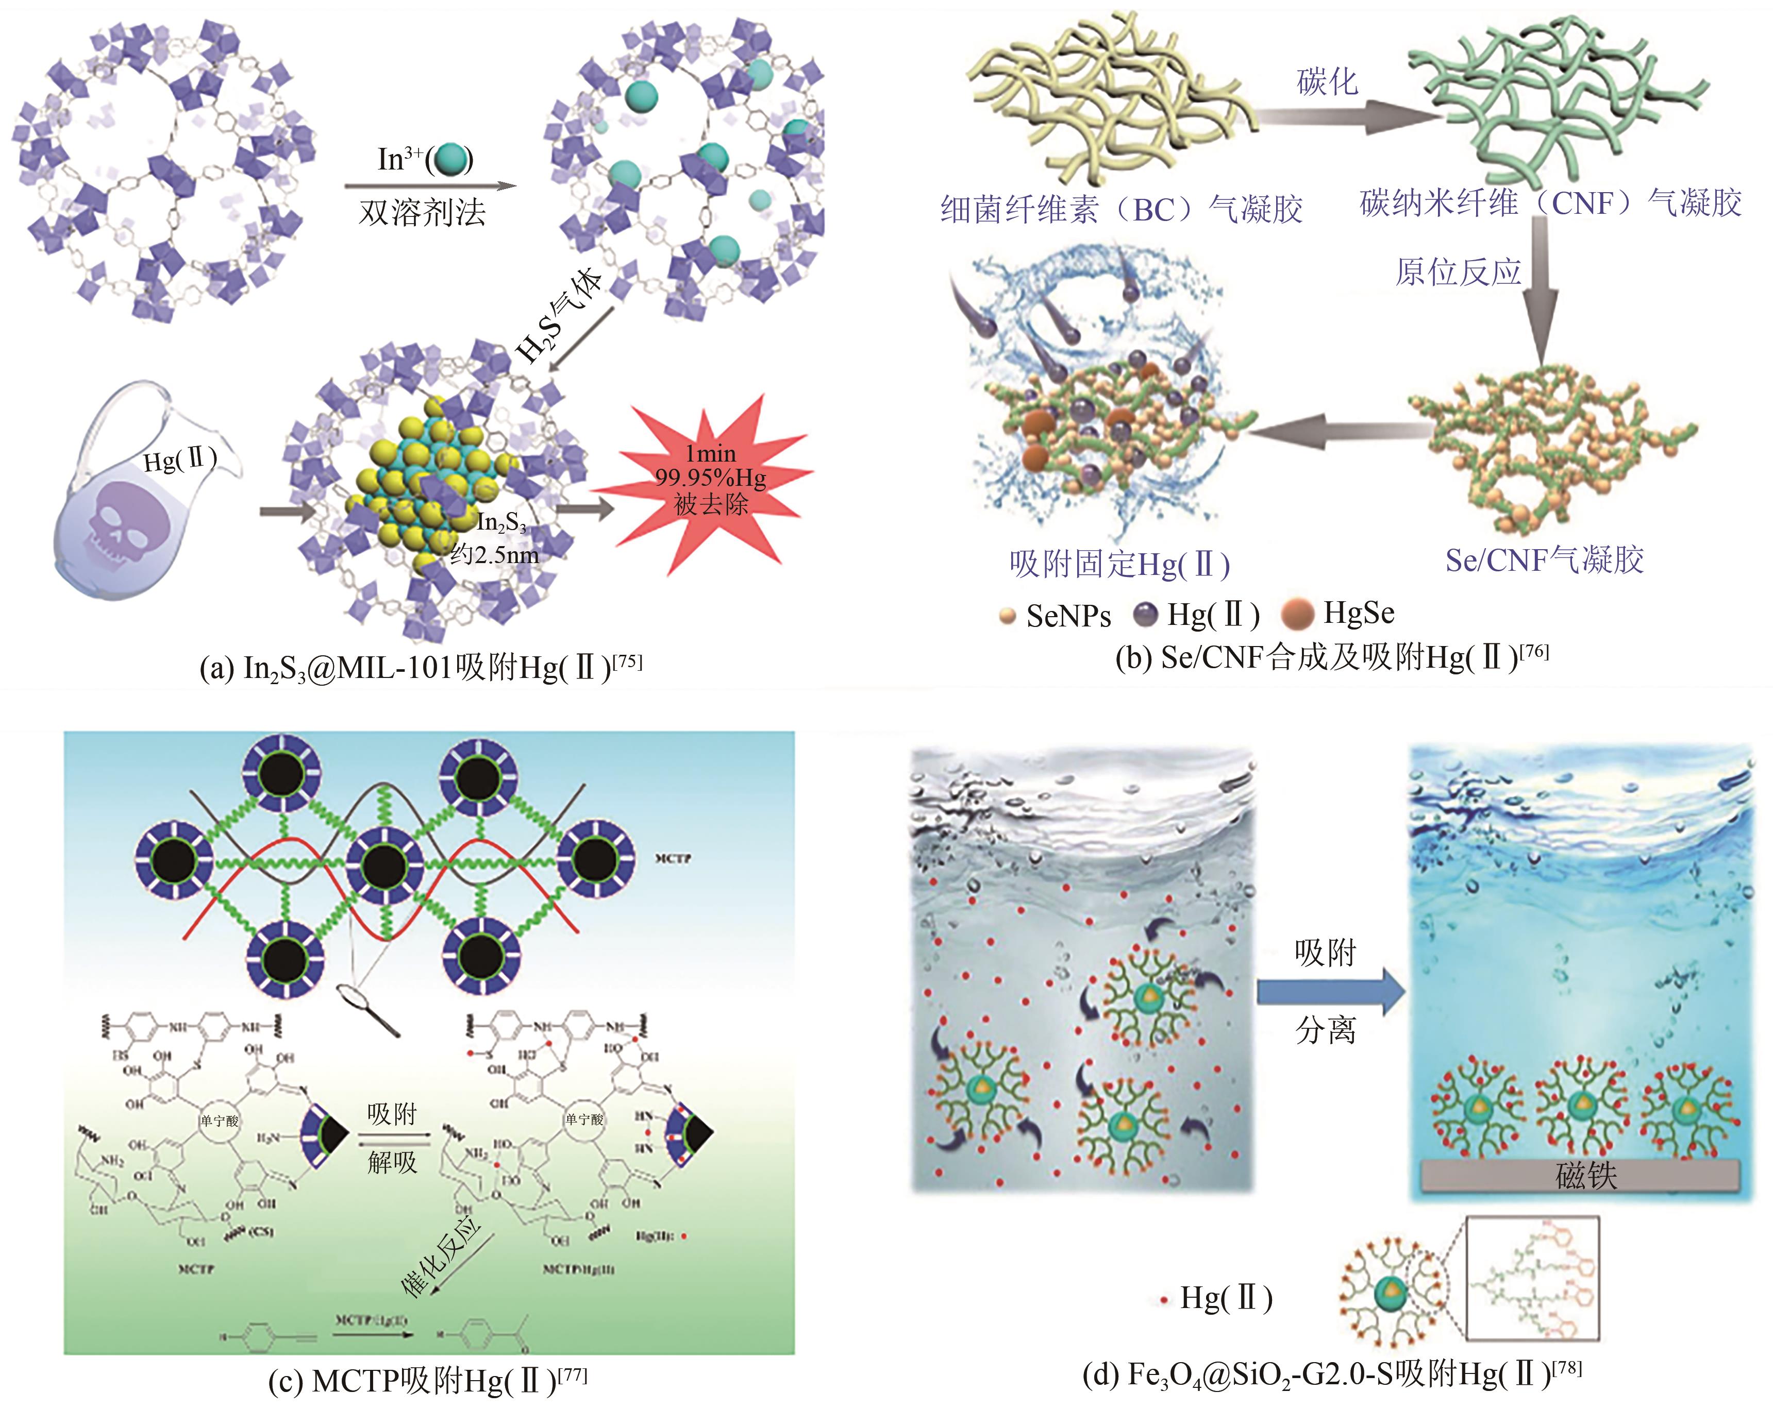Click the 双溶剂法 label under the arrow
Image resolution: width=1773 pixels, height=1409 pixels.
point(422,213)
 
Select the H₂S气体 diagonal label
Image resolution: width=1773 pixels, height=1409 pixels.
point(559,316)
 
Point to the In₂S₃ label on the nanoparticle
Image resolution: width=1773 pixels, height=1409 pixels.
point(501,523)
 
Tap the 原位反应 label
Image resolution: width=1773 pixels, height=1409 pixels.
point(1458,272)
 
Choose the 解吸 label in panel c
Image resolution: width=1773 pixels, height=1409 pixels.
point(392,1162)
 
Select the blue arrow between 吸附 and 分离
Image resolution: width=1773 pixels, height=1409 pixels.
point(1331,991)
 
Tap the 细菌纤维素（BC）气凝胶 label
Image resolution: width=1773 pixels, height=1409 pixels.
point(1121,210)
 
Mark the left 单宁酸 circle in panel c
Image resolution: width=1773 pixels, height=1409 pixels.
point(218,1119)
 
